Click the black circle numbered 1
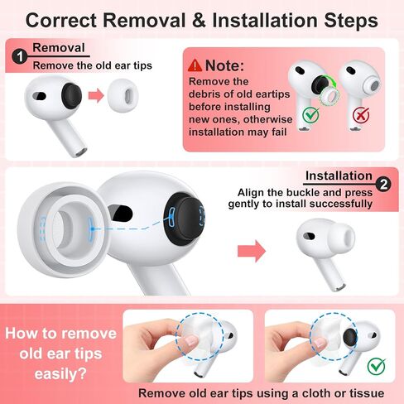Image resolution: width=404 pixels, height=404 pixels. pyautogui.click(x=19, y=57)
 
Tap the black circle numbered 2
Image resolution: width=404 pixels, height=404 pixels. pyautogui.click(x=383, y=185)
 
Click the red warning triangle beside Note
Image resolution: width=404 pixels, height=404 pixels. pyautogui.click(x=195, y=65)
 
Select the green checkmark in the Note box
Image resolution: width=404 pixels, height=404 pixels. pyautogui.click(x=310, y=114)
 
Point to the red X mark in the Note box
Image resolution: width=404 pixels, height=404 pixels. pyautogui.click(x=361, y=114)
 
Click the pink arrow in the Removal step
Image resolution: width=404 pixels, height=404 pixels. pyautogui.click(x=96, y=95)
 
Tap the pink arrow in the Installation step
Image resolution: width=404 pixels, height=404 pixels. pyautogui.click(x=252, y=251)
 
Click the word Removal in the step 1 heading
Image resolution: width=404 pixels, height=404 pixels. pyautogui.click(x=59, y=48)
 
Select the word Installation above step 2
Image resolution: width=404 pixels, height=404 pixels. pyautogui.click(x=339, y=176)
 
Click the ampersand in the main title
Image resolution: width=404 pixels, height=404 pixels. pyautogui.click(x=199, y=20)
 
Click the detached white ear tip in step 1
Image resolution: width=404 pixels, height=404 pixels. pyautogui.click(x=123, y=95)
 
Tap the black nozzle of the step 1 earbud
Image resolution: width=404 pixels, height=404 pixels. pyautogui.click(x=71, y=95)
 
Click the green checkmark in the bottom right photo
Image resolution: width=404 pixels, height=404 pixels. pyautogui.click(x=377, y=365)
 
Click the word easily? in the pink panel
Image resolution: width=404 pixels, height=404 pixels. pyautogui.click(x=60, y=374)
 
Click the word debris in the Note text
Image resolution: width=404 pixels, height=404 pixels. pyautogui.click(x=204, y=94)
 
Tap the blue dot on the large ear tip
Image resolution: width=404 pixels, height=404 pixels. pyautogui.click(x=93, y=228)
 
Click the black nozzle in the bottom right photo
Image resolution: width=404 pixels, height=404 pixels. pyautogui.click(x=350, y=338)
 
